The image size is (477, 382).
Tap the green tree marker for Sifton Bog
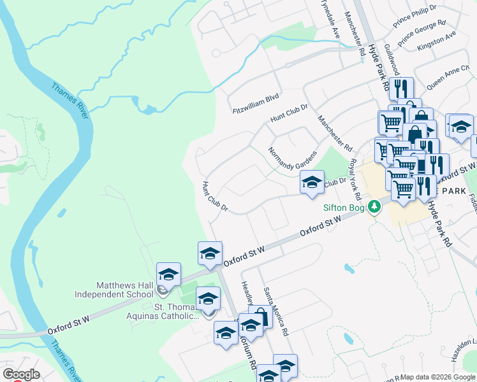click(x=376, y=206)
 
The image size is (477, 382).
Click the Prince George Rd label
click(x=422, y=32)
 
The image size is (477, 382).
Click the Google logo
click(x=21, y=374)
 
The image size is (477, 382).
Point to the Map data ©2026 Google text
click(x=437, y=377)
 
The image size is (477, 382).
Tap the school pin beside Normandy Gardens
click(x=312, y=182)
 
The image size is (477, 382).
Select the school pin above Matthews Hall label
click(x=168, y=274)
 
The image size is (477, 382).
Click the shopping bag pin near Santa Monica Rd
click(x=260, y=316)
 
